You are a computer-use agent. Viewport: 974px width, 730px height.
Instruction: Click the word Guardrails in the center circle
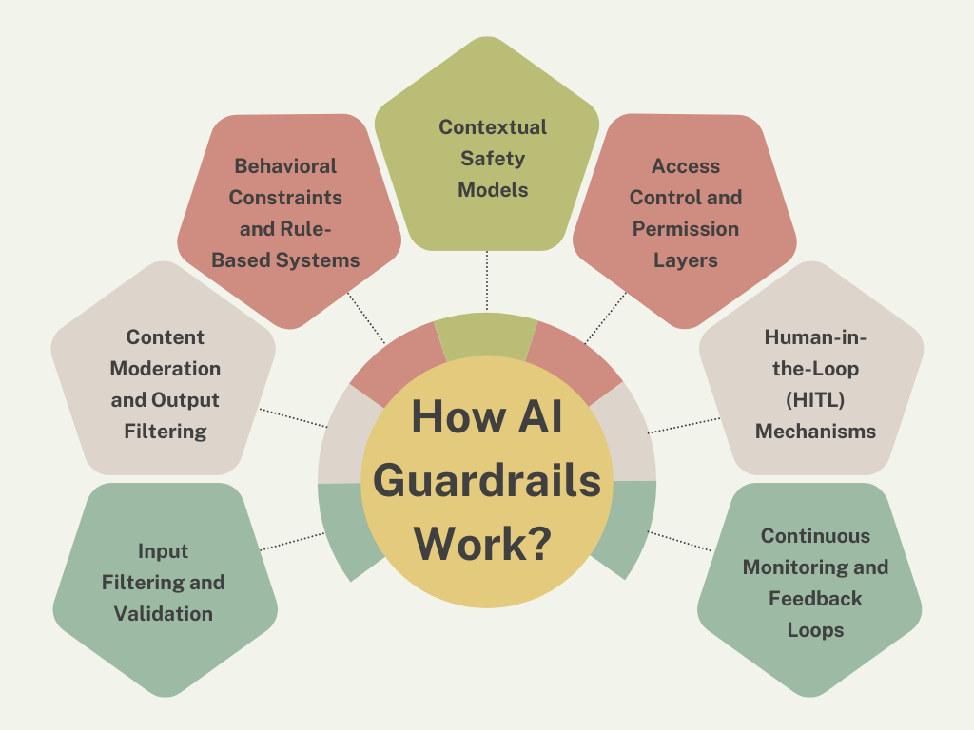click(487, 482)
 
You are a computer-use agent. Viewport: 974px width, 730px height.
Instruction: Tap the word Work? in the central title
click(487, 545)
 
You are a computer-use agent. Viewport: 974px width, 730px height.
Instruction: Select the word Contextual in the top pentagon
click(493, 127)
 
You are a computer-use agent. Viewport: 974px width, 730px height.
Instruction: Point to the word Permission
click(686, 229)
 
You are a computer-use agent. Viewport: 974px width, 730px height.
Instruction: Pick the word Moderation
click(166, 369)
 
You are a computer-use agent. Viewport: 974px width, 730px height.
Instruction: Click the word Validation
click(164, 614)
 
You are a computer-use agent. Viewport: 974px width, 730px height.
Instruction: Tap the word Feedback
click(815, 599)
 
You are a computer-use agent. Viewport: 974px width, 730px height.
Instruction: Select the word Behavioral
click(285, 166)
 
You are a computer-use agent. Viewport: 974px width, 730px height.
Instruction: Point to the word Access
click(686, 166)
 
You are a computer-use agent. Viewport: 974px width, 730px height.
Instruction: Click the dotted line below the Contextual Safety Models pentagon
click(487, 280)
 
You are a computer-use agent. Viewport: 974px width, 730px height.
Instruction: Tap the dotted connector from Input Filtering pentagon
click(289, 542)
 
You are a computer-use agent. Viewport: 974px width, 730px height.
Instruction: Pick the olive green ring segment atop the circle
click(486, 335)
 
